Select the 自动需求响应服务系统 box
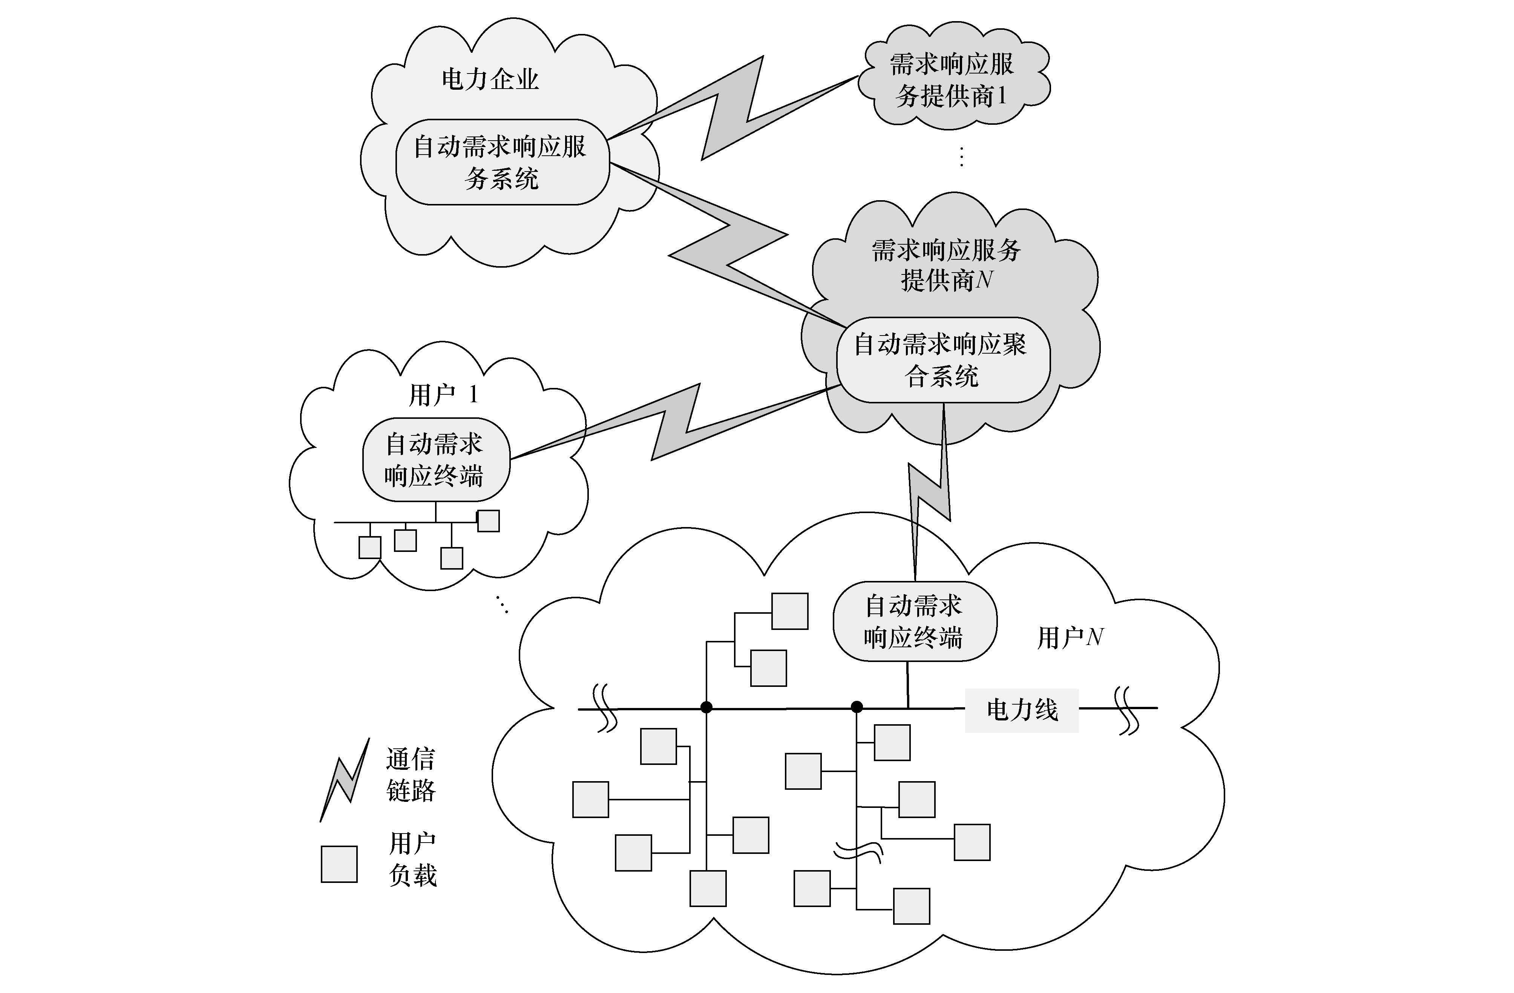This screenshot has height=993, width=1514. [502, 162]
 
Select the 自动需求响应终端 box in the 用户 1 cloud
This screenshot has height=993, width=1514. [436, 459]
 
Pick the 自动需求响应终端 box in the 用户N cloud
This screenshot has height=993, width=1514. [914, 622]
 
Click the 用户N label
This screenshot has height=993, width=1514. [1070, 637]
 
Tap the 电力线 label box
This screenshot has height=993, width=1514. [1022, 710]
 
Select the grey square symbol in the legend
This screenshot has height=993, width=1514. [339, 864]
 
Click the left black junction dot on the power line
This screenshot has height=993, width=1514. [706, 707]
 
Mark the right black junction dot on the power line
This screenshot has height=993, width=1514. [857, 707]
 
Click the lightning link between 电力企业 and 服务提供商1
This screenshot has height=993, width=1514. [732, 108]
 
